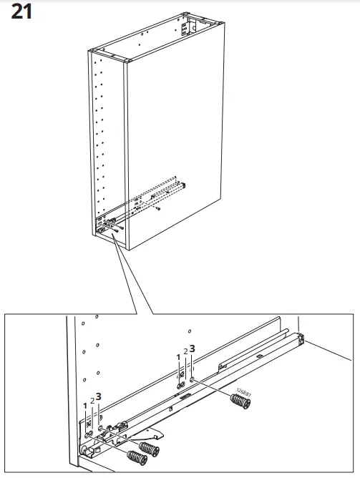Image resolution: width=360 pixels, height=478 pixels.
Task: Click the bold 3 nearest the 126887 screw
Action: pos(192,349)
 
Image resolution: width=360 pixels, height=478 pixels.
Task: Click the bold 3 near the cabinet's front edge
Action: pos(99,396)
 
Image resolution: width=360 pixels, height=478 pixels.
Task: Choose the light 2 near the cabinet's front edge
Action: pos(92,401)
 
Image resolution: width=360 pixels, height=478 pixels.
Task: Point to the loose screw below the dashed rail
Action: pos(157,210)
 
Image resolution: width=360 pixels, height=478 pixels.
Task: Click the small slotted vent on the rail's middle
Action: pos(185,394)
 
